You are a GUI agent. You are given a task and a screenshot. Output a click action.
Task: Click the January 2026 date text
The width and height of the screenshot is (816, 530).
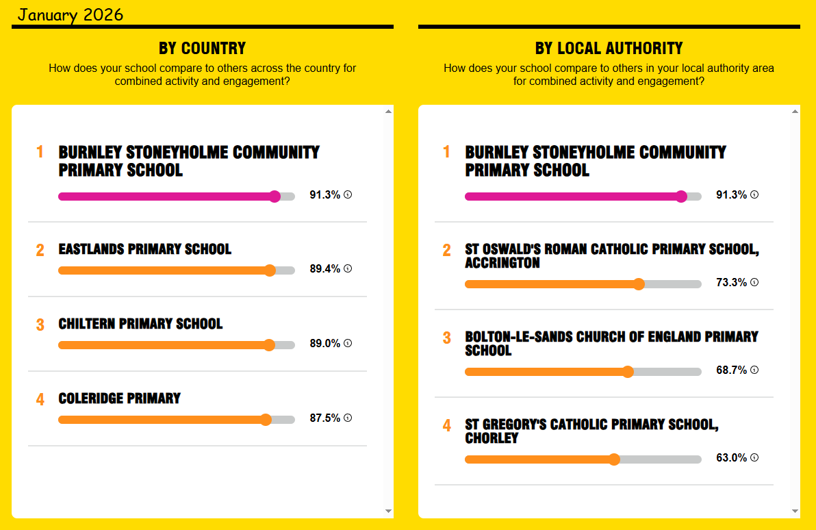(x=71, y=14)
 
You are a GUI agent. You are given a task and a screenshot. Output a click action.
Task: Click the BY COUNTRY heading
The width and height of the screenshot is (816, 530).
(x=202, y=48)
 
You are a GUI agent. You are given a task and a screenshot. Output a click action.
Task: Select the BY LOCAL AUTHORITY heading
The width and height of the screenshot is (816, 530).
(x=609, y=48)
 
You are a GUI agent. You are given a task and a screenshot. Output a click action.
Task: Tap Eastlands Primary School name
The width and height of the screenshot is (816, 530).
(x=145, y=249)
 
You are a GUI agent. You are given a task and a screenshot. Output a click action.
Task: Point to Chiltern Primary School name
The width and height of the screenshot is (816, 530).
(x=140, y=324)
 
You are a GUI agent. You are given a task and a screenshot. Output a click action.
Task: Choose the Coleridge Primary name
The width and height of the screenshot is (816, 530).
(x=120, y=399)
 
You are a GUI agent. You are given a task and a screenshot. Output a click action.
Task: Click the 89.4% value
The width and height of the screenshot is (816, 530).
(x=324, y=269)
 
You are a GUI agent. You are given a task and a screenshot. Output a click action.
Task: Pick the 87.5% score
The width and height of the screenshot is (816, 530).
(x=324, y=418)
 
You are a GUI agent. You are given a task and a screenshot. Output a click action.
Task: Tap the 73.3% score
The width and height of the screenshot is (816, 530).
(x=731, y=283)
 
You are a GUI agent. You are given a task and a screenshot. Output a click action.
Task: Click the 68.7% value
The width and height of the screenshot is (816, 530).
(x=731, y=370)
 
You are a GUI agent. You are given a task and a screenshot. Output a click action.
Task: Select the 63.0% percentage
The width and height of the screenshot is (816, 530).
(x=731, y=458)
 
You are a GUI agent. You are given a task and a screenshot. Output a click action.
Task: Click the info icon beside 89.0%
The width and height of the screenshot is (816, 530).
(x=348, y=343)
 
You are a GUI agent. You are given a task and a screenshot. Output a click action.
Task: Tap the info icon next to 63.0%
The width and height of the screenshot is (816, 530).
(x=754, y=457)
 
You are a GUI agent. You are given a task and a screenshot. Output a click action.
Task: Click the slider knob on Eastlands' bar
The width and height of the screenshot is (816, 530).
(x=270, y=270)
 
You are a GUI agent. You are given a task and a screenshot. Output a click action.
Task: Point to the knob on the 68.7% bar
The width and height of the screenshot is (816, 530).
(x=628, y=372)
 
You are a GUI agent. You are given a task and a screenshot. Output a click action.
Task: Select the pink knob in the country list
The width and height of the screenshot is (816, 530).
(x=275, y=197)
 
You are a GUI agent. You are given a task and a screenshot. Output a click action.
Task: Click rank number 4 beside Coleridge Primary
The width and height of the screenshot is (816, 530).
(x=40, y=400)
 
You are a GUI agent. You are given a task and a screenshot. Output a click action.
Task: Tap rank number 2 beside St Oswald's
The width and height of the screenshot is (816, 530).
(x=447, y=251)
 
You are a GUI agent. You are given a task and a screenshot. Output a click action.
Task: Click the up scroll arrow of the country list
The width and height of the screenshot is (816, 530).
(x=388, y=111)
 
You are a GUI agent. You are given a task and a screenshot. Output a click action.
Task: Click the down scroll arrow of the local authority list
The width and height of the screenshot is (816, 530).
(x=795, y=511)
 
